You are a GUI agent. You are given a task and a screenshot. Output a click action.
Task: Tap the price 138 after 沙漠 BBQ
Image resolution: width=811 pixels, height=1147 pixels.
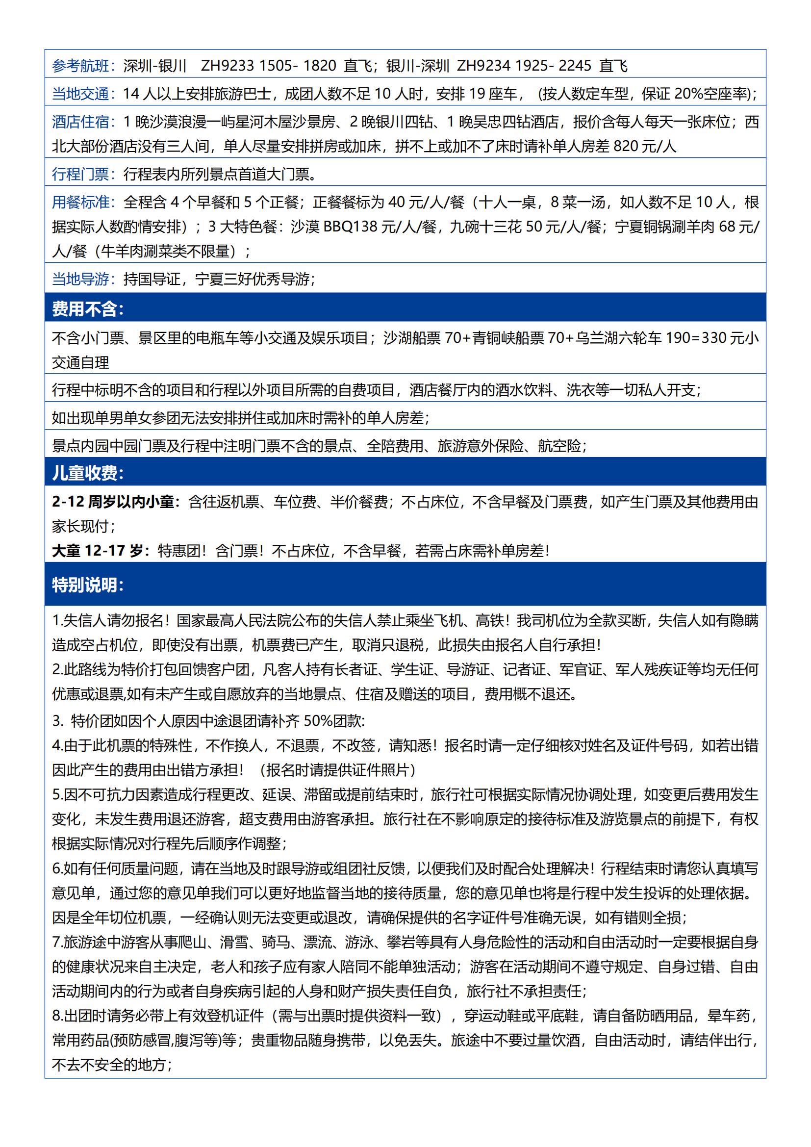[x=366, y=227]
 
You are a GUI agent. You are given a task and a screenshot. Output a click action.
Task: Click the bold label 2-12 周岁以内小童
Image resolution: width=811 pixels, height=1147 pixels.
[x=116, y=502]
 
